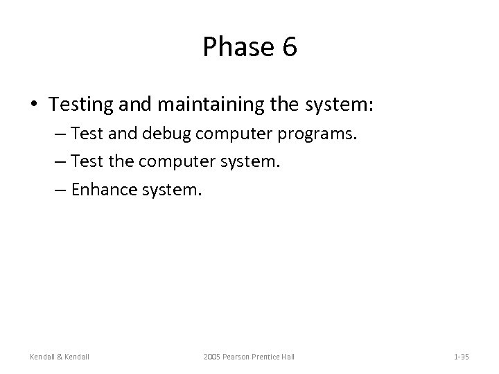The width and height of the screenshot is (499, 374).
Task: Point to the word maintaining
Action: [x=212, y=105]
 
